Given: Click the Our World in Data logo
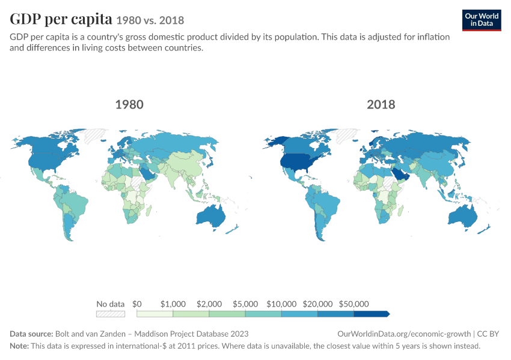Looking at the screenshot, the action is pyautogui.click(x=482, y=20).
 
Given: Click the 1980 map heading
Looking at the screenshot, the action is pyautogui.click(x=129, y=105).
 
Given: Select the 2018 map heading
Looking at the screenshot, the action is pyautogui.click(x=381, y=105).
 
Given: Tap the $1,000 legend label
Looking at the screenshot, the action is pyautogui.click(x=173, y=304).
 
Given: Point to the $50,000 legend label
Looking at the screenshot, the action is pyautogui.click(x=353, y=304).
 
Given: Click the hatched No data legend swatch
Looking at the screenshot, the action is pyautogui.click(x=111, y=314).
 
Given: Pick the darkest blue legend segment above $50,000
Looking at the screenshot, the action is pyautogui.click(x=372, y=314).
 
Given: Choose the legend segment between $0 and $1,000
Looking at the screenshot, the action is pyautogui.click(x=155, y=314).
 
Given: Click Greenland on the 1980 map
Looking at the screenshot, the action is pyautogui.click(x=94, y=136).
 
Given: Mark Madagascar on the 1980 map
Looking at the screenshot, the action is pyautogui.click(x=148, y=211).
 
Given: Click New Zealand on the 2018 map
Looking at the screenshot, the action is pyautogui.click(x=485, y=229).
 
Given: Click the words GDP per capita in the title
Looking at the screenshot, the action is pyautogui.click(x=61, y=19).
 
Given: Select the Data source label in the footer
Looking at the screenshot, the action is pyautogui.click(x=31, y=334).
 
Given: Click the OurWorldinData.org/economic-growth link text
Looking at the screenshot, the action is pyautogui.click(x=404, y=334).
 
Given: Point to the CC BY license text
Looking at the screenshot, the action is pyautogui.click(x=488, y=334).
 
